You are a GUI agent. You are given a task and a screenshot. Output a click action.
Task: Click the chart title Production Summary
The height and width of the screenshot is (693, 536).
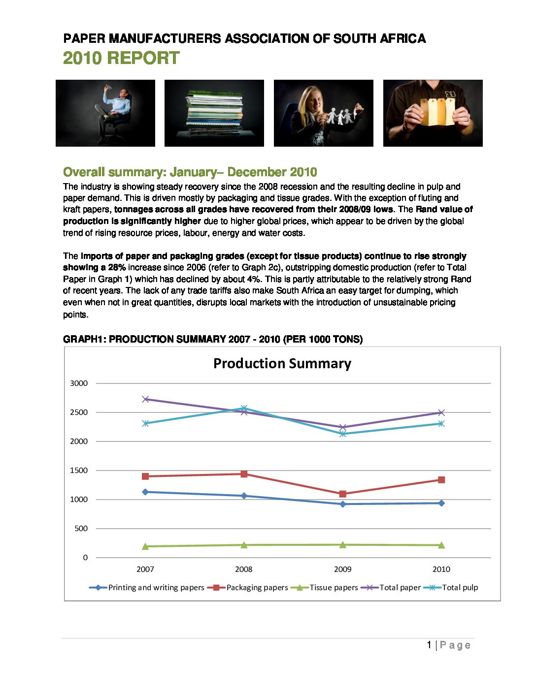tap(282, 364)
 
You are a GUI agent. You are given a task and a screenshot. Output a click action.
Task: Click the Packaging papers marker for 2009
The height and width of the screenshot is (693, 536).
tap(343, 494)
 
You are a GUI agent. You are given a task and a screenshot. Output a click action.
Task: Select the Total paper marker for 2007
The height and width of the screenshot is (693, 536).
tap(145, 399)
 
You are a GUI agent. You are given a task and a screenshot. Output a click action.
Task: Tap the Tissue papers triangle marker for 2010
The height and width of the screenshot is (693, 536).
tap(441, 545)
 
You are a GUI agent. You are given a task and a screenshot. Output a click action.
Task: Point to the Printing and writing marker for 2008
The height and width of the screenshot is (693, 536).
tap(244, 496)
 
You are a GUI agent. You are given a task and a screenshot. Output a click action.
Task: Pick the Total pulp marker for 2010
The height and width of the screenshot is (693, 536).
tap(441, 423)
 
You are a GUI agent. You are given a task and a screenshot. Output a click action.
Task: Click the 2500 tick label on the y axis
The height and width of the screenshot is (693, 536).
tap(79, 412)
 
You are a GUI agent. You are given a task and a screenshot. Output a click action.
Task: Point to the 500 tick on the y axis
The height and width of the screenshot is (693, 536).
tap(81, 529)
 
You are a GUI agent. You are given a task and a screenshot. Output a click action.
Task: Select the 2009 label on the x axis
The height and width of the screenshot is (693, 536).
tap(343, 569)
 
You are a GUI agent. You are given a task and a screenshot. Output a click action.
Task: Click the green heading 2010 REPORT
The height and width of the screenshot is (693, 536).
tap(121, 58)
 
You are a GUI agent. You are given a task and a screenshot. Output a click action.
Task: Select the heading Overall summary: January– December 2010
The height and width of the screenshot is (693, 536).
tap(190, 172)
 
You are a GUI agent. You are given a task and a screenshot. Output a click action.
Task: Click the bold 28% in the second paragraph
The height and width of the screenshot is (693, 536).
tap(117, 268)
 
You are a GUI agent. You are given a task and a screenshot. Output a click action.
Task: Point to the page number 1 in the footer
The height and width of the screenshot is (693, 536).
tap(429, 645)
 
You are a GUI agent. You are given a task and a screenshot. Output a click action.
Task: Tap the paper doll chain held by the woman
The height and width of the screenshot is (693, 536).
tap(341, 117)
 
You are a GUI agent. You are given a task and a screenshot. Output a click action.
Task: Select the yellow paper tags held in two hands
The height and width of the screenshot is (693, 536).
tap(437, 111)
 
